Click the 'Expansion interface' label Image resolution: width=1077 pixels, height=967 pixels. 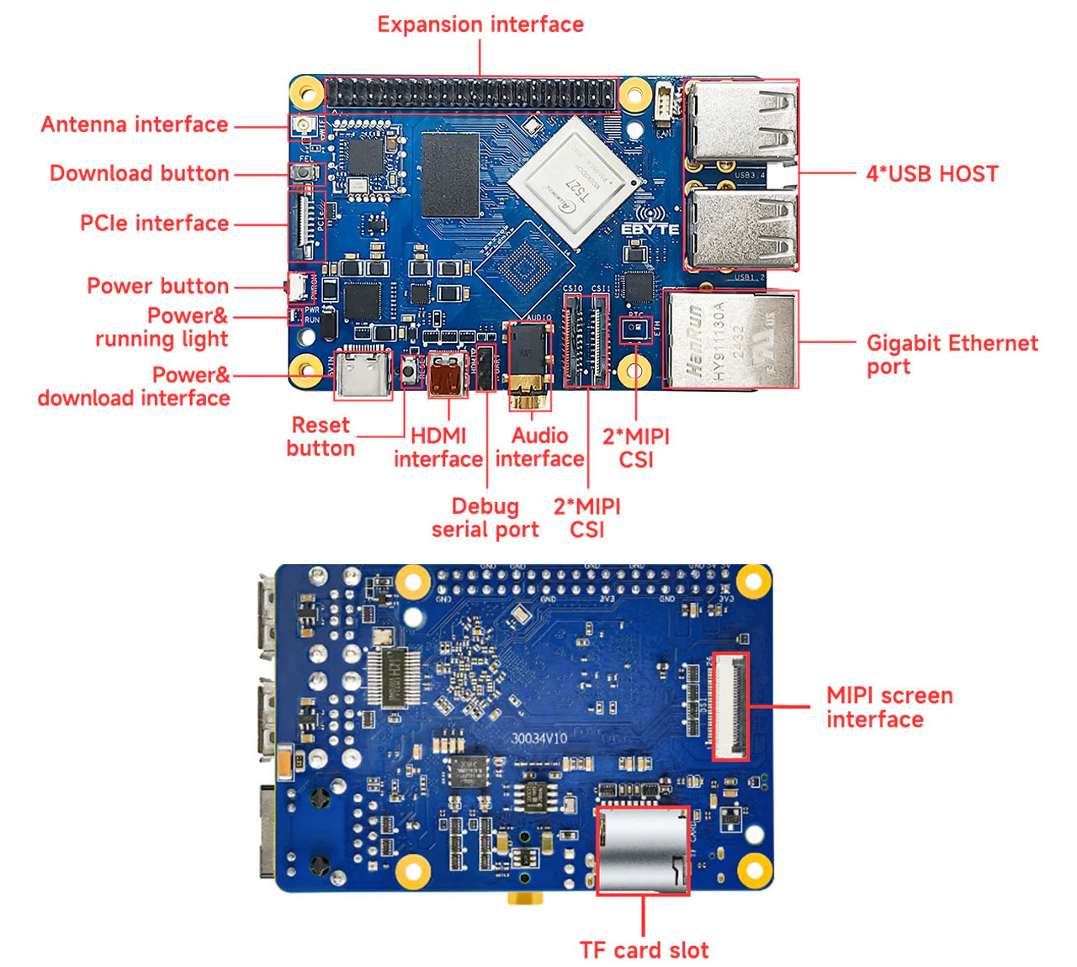(x=480, y=24)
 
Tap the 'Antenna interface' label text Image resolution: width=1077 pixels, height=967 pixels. (x=135, y=124)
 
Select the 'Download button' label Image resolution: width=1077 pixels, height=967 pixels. (x=139, y=173)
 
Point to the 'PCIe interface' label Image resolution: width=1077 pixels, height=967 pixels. (x=154, y=223)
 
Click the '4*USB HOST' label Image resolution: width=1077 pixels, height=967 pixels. (x=932, y=174)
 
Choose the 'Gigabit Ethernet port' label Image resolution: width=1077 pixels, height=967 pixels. (x=952, y=354)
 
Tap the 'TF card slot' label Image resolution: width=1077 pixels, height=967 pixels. (x=644, y=950)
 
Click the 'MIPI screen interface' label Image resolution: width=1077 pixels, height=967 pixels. (x=889, y=707)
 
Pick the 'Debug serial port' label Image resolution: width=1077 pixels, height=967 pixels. (x=485, y=517)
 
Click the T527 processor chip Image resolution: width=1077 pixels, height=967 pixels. (x=572, y=182)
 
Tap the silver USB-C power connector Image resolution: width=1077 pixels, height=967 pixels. (x=363, y=373)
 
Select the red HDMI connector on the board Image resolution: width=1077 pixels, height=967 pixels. (x=447, y=375)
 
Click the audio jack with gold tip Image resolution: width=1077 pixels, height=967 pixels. (x=529, y=370)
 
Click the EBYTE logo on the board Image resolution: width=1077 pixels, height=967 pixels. (x=650, y=229)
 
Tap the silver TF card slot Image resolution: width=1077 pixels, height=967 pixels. (x=642, y=850)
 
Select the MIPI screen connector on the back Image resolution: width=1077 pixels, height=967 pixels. (x=729, y=706)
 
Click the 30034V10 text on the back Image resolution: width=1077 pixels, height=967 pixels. (x=539, y=738)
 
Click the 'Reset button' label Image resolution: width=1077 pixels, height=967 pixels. (x=321, y=436)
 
